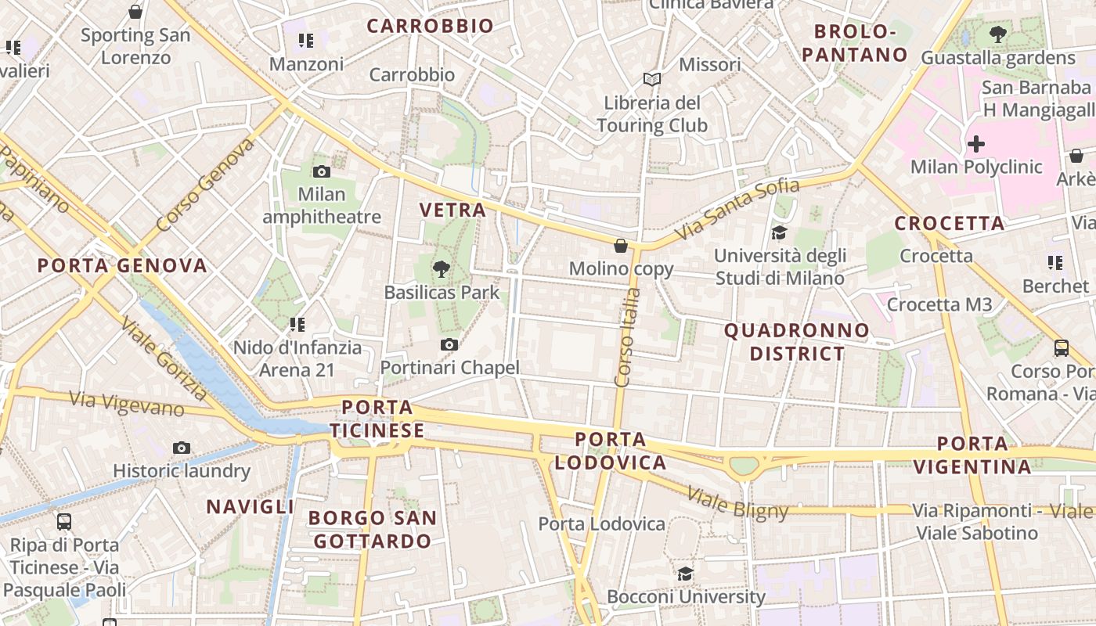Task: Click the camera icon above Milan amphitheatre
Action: (x=321, y=172)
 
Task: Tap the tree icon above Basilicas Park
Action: (x=442, y=270)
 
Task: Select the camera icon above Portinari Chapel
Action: (x=449, y=344)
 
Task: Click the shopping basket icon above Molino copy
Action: (x=621, y=246)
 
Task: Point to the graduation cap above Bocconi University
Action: (x=686, y=574)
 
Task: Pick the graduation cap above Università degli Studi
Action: (x=779, y=232)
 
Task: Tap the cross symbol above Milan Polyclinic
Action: (x=976, y=144)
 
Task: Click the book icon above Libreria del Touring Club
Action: (x=652, y=79)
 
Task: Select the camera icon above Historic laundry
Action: (x=182, y=448)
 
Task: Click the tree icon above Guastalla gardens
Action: (x=998, y=34)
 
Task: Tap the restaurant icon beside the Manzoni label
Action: (x=306, y=40)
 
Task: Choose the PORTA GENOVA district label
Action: (x=122, y=265)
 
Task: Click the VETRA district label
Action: (x=452, y=210)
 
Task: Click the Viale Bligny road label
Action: (x=737, y=503)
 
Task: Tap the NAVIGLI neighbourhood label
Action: (x=250, y=506)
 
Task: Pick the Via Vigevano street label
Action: (x=127, y=403)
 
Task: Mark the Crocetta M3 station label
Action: (x=939, y=304)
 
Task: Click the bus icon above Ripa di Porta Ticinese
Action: (x=64, y=521)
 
